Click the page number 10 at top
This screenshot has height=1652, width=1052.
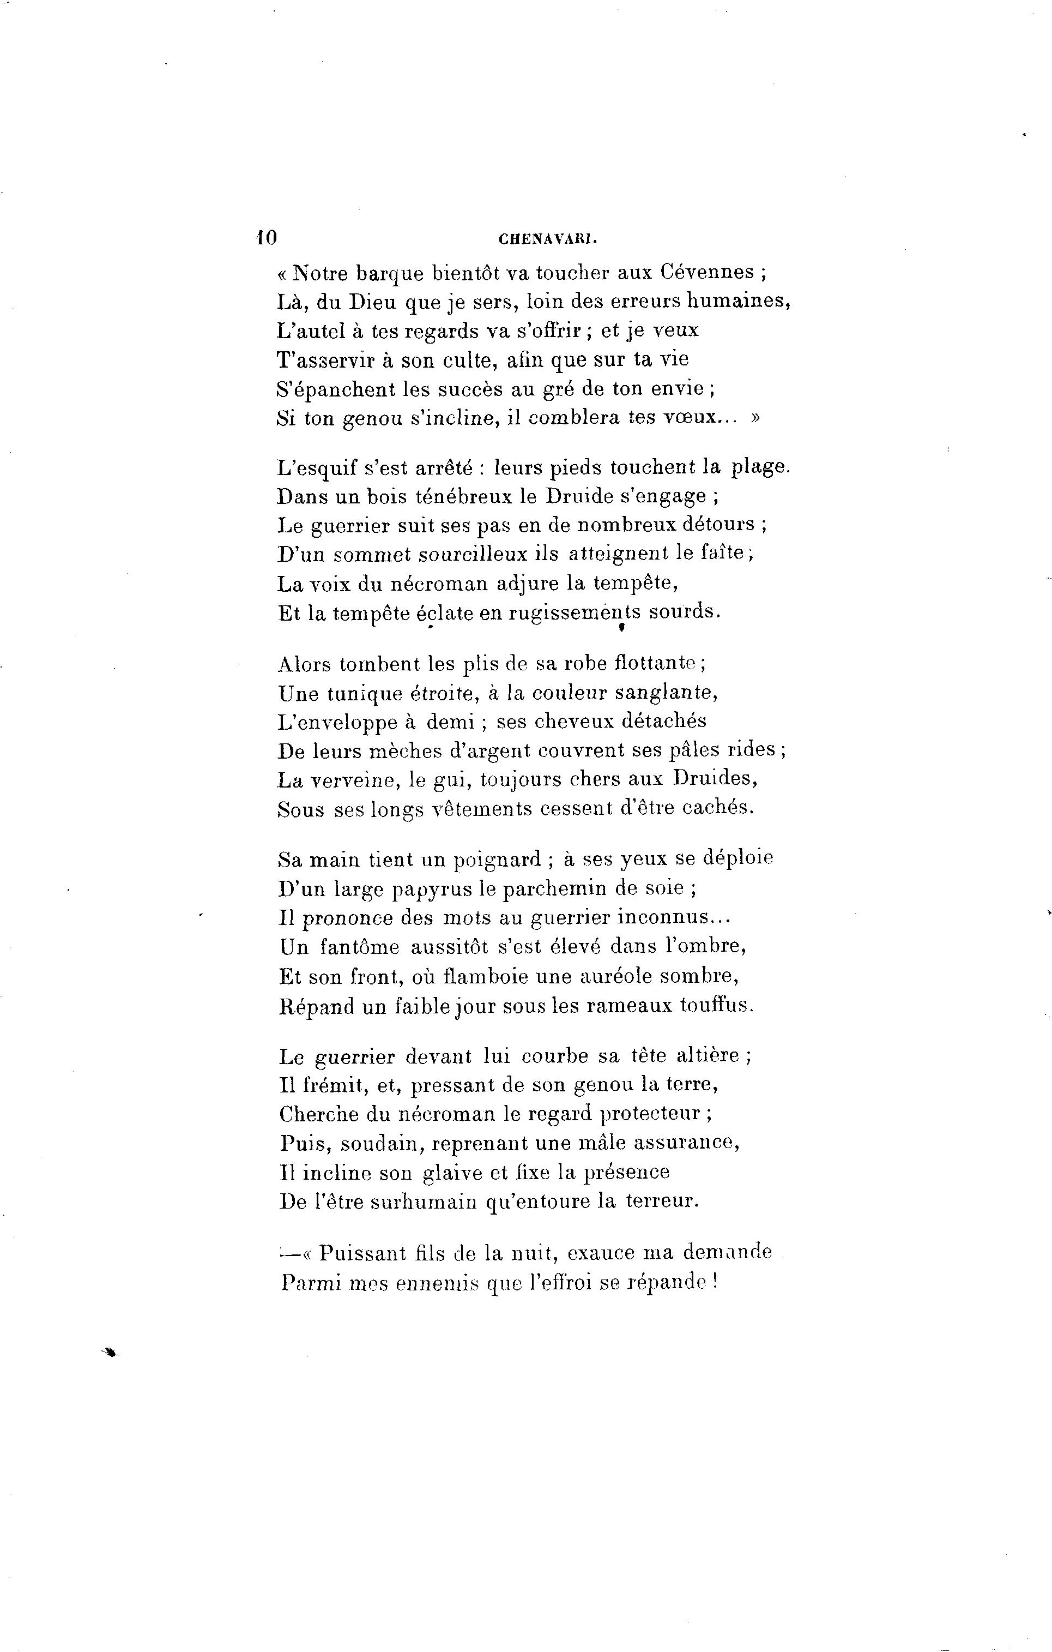pyautogui.click(x=265, y=238)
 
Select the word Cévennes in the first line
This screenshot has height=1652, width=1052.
pyautogui.click(x=707, y=272)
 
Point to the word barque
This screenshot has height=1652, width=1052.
pyautogui.click(x=386, y=274)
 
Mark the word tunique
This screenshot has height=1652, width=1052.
pyautogui.click(x=364, y=694)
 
